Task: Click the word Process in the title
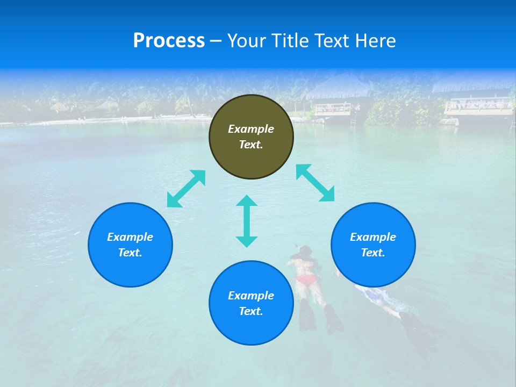[x=169, y=41]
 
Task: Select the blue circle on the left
[x=130, y=245]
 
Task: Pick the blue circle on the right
[x=373, y=245]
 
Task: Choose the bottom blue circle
[x=251, y=303]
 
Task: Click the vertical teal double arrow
[x=247, y=221]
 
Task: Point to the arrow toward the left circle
[x=186, y=189]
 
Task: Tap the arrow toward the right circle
[x=316, y=183]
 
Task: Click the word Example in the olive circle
[x=251, y=129]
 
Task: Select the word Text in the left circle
[x=130, y=253]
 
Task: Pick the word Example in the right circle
[x=373, y=237]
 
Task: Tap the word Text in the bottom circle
[x=251, y=311]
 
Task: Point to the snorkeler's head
[x=305, y=250]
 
